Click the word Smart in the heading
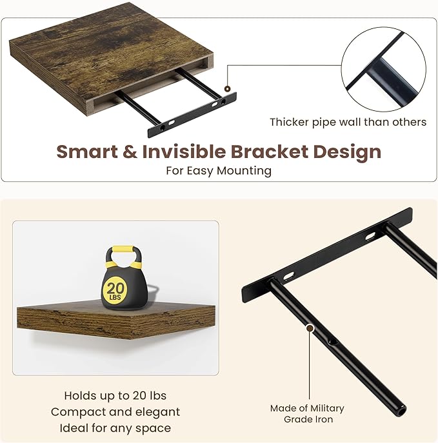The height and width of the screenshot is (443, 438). click(x=85, y=152)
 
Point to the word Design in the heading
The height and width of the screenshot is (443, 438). click(x=348, y=152)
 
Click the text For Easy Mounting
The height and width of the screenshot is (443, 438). click(x=219, y=171)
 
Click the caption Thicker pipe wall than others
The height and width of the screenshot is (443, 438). click(x=348, y=122)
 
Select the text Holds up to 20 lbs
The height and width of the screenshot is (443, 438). click(x=115, y=395)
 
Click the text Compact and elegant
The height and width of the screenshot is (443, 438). click(x=115, y=411)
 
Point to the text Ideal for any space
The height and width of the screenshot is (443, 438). click(x=115, y=428)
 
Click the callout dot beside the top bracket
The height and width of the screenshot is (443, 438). click(x=226, y=88)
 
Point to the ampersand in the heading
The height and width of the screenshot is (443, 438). click(x=129, y=152)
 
